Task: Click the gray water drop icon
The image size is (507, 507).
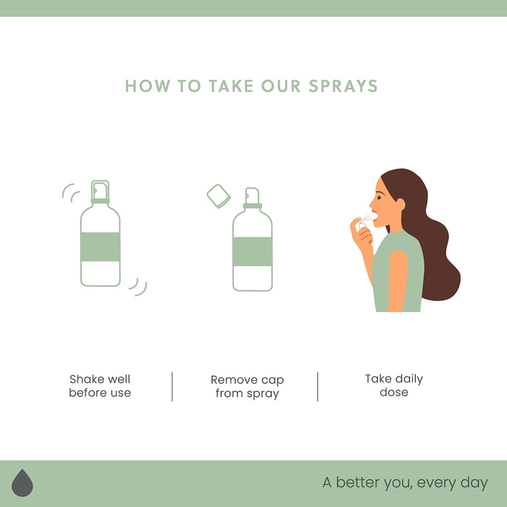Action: [x=22, y=483]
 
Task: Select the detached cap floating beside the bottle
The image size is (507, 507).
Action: [x=218, y=195]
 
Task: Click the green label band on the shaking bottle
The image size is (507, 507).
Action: [x=100, y=247]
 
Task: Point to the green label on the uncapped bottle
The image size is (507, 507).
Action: [x=252, y=251]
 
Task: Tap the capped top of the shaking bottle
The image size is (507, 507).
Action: [x=100, y=191]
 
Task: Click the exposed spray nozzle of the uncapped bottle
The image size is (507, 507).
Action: [x=252, y=196]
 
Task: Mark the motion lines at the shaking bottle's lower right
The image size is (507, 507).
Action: [x=138, y=286]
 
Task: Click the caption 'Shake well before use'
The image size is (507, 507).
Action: [x=100, y=386]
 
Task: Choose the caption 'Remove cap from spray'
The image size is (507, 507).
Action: [x=247, y=387]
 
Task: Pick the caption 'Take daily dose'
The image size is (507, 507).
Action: [x=394, y=385]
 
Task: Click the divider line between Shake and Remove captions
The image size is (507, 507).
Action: [x=172, y=386]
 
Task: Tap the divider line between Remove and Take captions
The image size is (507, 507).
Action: [x=317, y=386]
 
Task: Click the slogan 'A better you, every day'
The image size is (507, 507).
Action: [x=405, y=482]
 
